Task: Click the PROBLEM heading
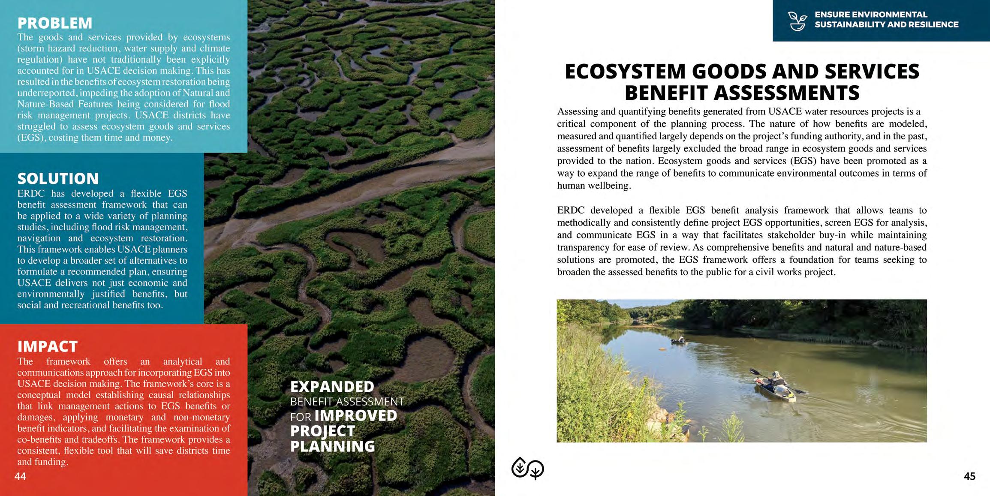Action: [x=55, y=23]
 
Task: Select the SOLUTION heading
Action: [x=58, y=178]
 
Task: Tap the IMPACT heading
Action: [x=48, y=346]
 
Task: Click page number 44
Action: [x=20, y=476]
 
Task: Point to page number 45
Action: [x=969, y=476]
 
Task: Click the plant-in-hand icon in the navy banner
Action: [x=797, y=21]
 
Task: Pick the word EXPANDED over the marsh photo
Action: [x=332, y=387]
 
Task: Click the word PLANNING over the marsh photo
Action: [x=333, y=446]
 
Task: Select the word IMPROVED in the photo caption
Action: [x=356, y=415]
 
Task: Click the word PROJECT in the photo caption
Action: [x=323, y=431]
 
